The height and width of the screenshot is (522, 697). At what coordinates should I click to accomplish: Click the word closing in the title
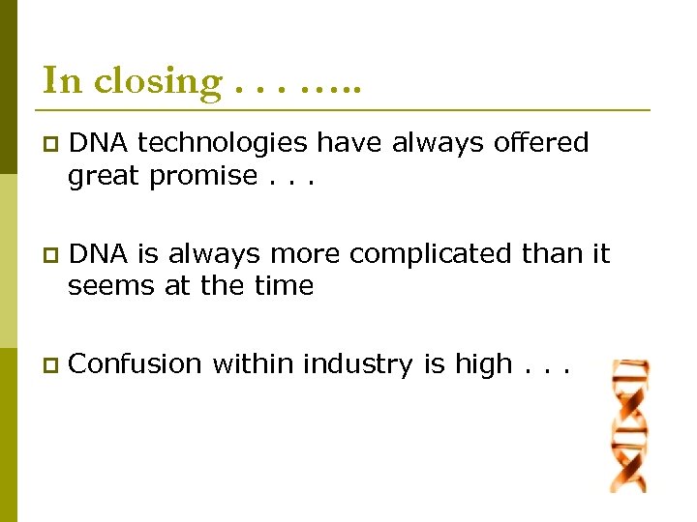pos(159,82)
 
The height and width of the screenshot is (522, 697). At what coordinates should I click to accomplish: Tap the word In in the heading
pos(62,80)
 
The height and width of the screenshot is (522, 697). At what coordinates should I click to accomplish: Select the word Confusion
pos(136,364)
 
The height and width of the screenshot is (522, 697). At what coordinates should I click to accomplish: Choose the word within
pos(254,364)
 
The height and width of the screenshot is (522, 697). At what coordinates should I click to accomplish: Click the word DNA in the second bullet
pos(99,254)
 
